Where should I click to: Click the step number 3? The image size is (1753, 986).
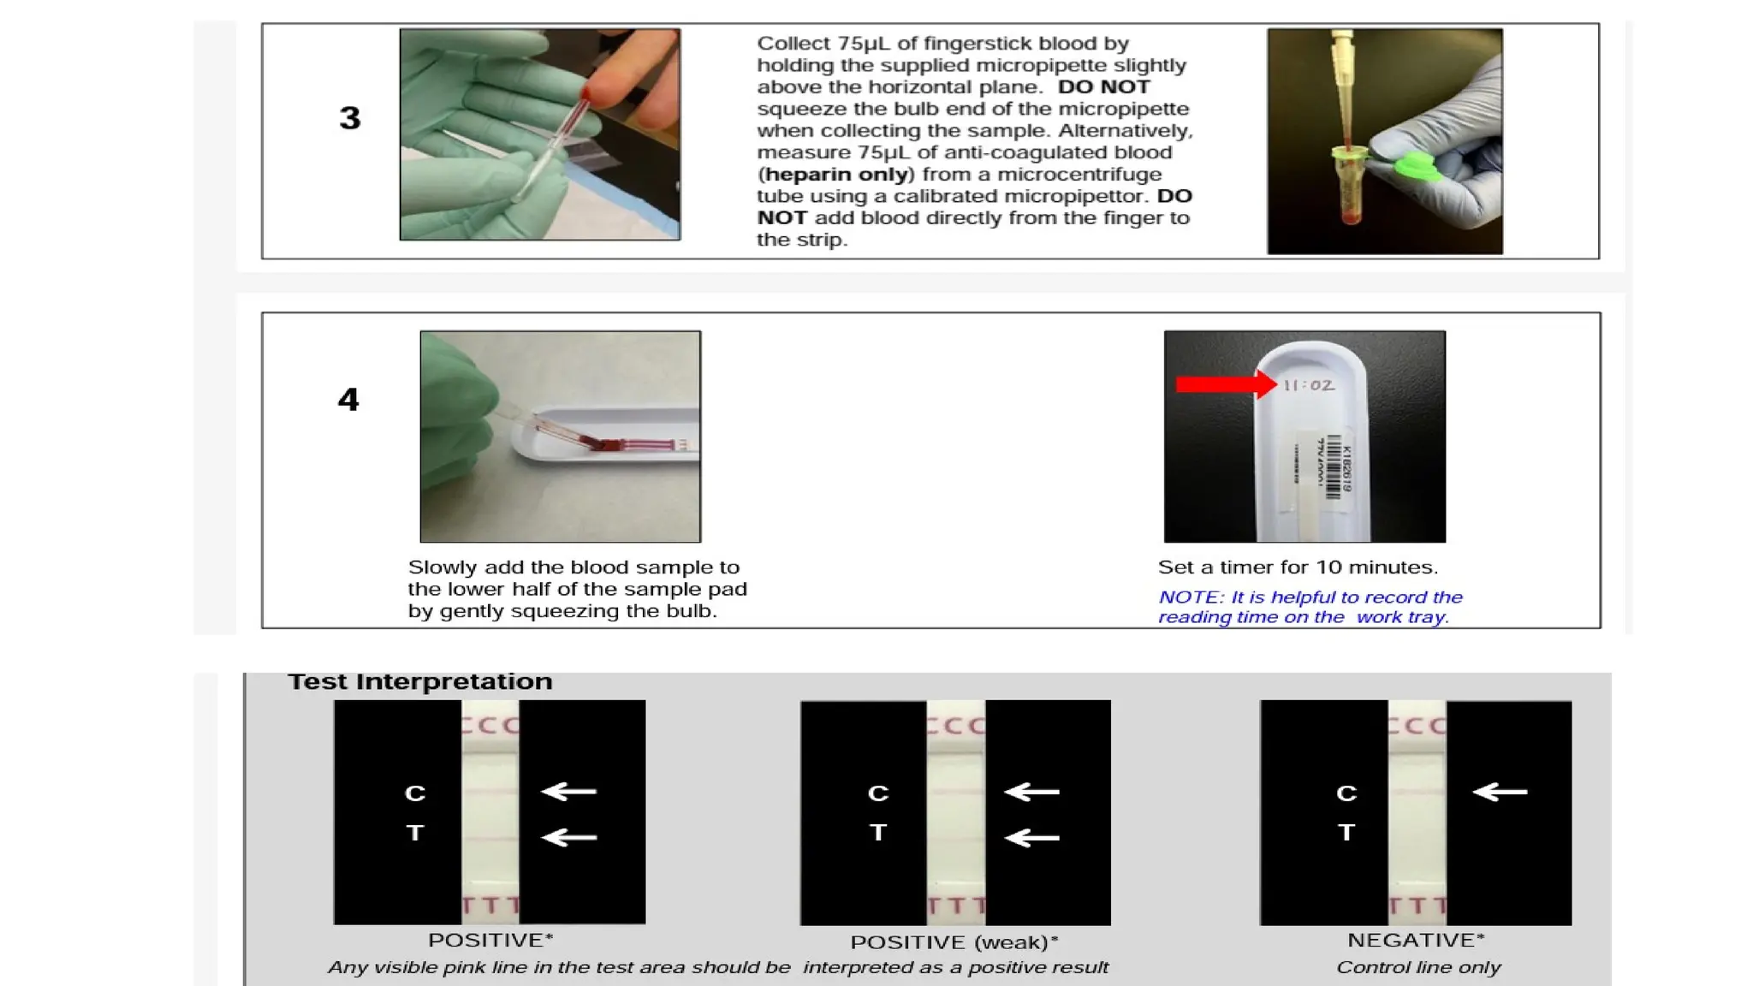coord(349,118)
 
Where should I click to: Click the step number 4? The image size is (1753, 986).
coord(348,399)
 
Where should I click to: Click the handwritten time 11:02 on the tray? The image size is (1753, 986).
coord(1309,385)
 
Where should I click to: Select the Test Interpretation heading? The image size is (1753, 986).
coord(419,681)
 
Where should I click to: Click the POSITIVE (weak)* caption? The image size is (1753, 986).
coord(954,942)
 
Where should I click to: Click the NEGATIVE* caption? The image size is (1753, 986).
coord(1415,940)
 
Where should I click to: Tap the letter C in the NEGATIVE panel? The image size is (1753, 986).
coord(1346,793)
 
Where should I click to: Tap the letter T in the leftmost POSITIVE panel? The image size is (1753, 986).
coord(415,833)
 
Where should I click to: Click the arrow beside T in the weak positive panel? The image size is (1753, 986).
coord(1031,837)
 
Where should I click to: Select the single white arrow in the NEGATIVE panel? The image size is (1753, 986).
coord(1499,792)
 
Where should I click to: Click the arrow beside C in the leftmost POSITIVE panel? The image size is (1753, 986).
coord(569,792)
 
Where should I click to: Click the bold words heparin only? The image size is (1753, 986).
coord(836,175)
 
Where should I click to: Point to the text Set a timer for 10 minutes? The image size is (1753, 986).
coord(1297,567)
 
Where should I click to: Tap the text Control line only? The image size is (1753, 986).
coord(1417,967)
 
